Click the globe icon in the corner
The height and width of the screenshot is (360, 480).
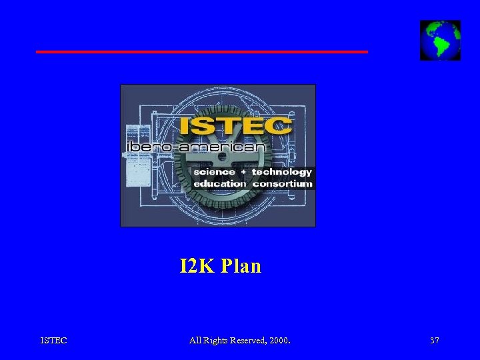click(440, 40)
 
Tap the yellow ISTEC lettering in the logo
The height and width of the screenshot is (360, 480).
click(235, 126)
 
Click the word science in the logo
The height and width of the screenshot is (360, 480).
click(214, 171)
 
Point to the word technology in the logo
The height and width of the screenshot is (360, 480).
click(281, 171)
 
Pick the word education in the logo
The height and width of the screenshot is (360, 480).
click(219, 183)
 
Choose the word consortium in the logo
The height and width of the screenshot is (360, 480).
click(282, 183)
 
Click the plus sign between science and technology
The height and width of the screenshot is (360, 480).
click(243, 172)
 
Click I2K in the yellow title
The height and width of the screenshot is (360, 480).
click(197, 267)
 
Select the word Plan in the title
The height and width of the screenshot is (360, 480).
click(241, 267)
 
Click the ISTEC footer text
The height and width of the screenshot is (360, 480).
click(53, 341)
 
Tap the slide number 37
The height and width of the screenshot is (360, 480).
click(435, 341)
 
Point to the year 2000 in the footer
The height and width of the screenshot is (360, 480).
click(279, 341)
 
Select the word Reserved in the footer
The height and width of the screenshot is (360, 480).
click(248, 341)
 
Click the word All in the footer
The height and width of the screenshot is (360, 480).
click(195, 341)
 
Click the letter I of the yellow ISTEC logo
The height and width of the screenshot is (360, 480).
click(183, 126)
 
